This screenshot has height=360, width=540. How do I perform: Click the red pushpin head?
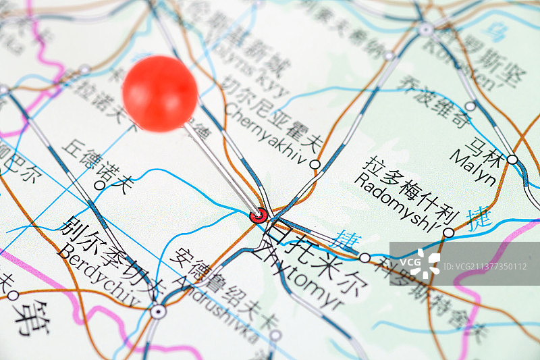pyautogui.click(x=160, y=93)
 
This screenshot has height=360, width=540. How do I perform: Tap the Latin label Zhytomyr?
pyautogui.click(x=297, y=280)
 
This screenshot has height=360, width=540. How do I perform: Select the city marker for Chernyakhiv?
pyautogui.click(x=315, y=164)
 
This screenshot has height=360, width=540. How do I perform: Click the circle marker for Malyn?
pyautogui.click(x=512, y=160)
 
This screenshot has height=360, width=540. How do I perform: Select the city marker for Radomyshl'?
pyautogui.click(x=448, y=233)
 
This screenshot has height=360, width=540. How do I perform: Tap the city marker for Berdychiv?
pyautogui.click(x=158, y=311)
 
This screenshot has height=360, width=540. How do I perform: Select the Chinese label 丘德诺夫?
pyautogui.click(x=98, y=165)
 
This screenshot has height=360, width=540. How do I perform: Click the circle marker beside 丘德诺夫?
pyautogui.click(x=100, y=184)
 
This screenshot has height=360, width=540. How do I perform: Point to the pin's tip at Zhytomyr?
pyautogui.click(x=259, y=215)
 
